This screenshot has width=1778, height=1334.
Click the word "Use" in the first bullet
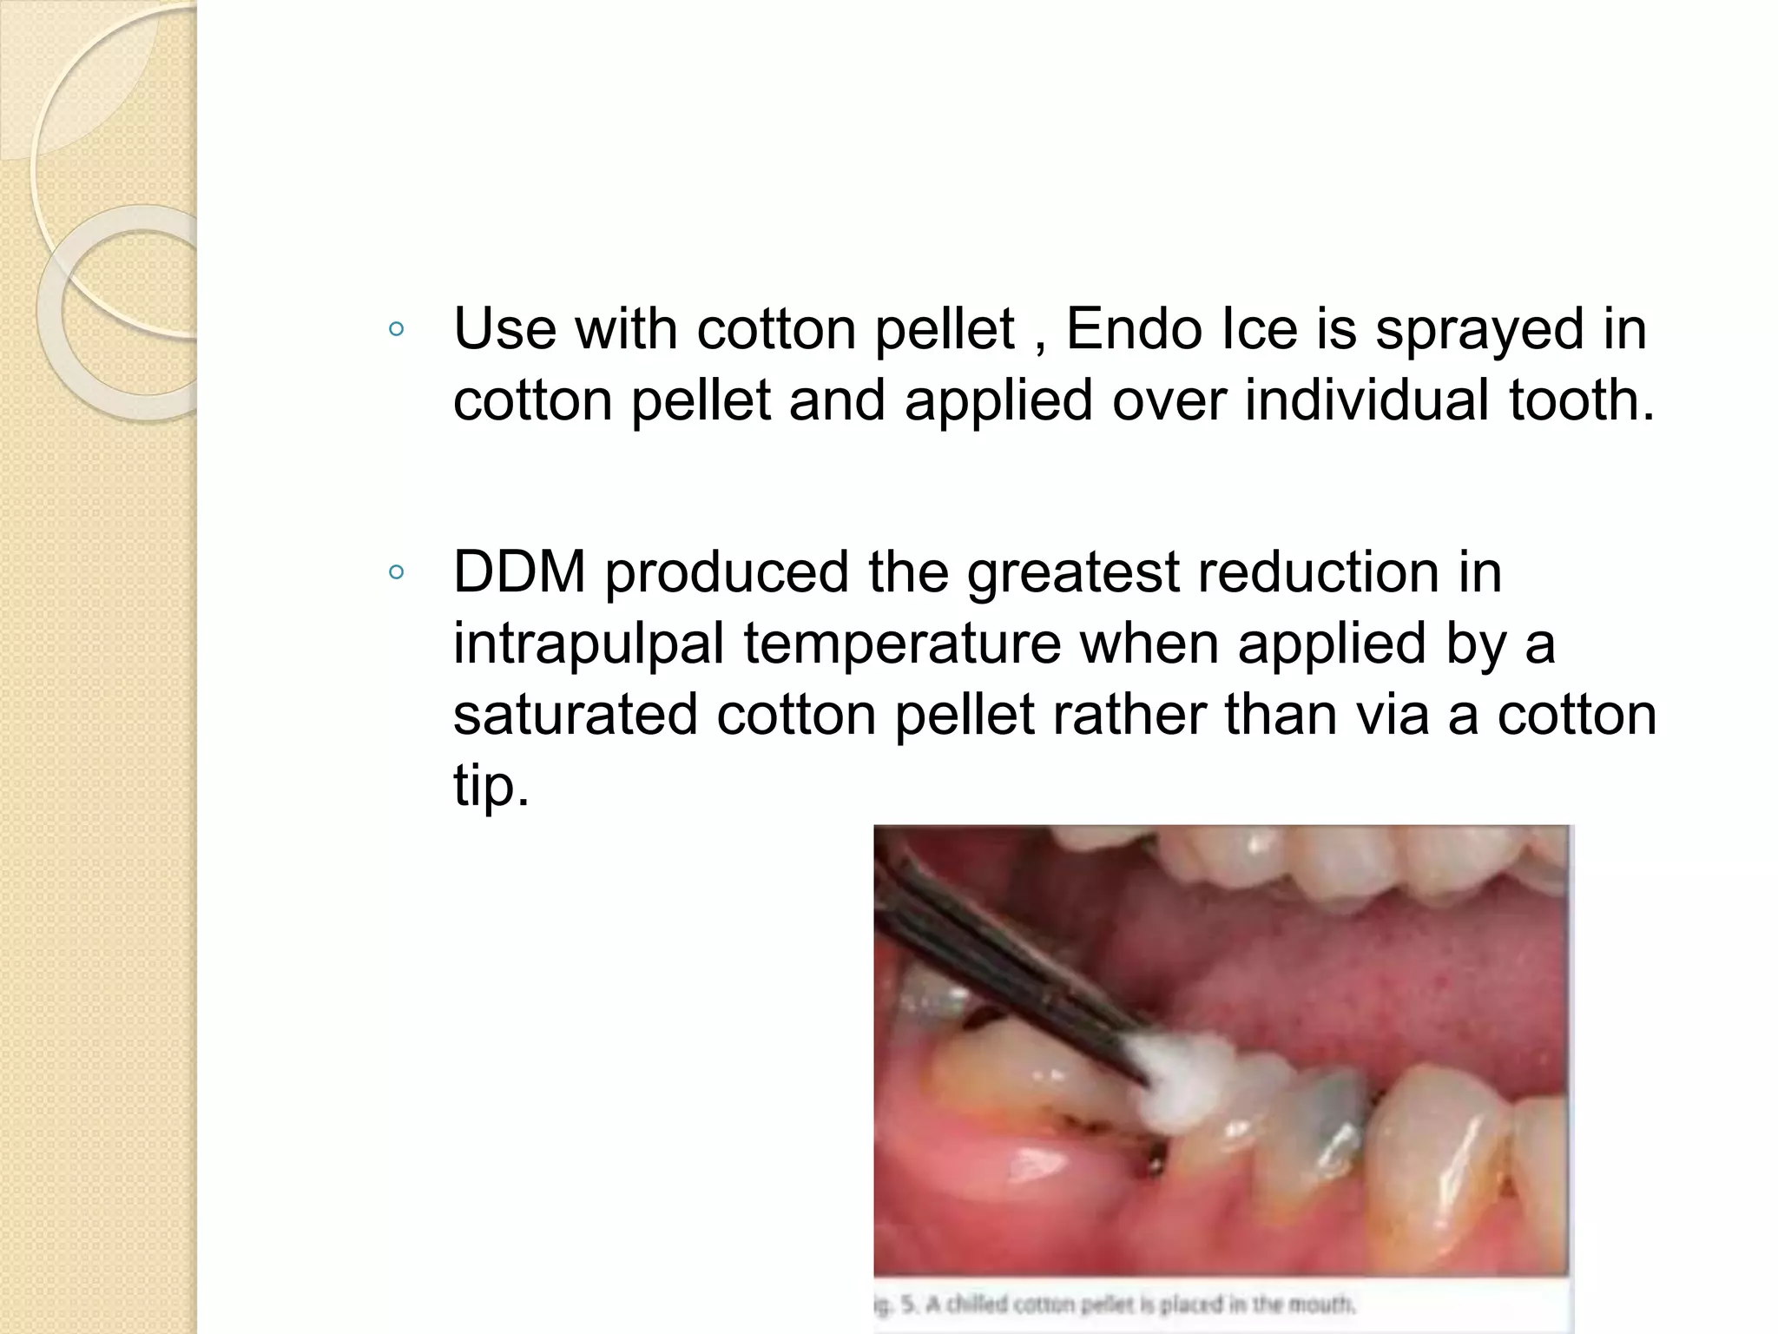[504, 330]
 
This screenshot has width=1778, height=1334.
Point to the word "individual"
[1367, 401]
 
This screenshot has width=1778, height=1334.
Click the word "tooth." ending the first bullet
[1582, 401]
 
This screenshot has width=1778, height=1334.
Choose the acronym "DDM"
[519, 573]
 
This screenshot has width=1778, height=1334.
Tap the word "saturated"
[575, 716]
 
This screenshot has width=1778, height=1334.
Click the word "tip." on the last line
[491, 787]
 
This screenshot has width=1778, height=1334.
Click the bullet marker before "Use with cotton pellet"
[397, 329]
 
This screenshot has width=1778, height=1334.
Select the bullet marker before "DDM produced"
[397, 572]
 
